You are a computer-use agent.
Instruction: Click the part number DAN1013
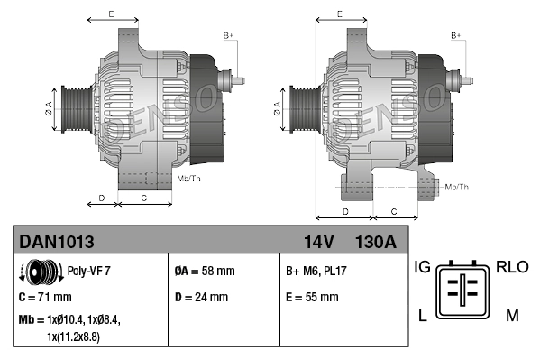pyautogui.click(x=56, y=242)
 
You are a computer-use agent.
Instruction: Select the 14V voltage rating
pyautogui.click(x=319, y=242)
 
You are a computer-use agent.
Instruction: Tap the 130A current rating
pyautogui.click(x=376, y=242)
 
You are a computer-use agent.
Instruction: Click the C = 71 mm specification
pyautogui.click(x=45, y=296)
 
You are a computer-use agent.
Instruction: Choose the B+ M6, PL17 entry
pyautogui.click(x=316, y=271)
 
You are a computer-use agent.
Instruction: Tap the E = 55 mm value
pyautogui.click(x=312, y=296)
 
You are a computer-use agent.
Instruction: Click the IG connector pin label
pyautogui.click(x=423, y=267)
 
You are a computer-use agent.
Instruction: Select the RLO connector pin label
pyautogui.click(x=511, y=267)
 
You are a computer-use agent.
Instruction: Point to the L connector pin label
pyautogui.click(x=421, y=315)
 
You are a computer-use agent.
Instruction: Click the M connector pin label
pyautogui.click(x=511, y=315)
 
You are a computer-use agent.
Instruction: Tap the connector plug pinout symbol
pyautogui.click(x=465, y=291)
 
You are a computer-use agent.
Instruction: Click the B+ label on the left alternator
pyautogui.click(x=229, y=34)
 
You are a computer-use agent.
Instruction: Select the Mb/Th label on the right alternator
pyautogui.click(x=457, y=187)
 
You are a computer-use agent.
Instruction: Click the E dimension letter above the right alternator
pyautogui.click(x=339, y=14)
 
